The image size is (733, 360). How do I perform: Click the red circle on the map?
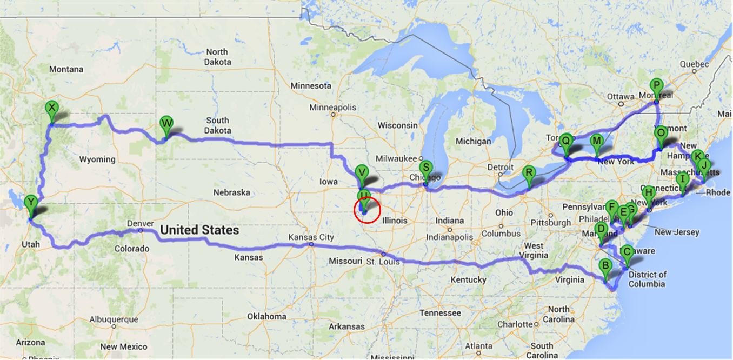coord(368,210)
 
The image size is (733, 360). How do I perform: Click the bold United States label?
coord(199,230)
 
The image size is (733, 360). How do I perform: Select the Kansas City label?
coord(312,237)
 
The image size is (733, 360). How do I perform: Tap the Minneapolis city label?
coord(333,108)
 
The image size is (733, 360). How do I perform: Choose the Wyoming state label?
coord(97,159)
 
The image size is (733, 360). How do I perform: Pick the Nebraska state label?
coord(231,192)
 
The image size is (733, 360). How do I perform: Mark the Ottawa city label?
coord(619,97)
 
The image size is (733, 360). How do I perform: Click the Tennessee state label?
coord(440,313)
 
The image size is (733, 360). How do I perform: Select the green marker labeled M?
coord(596,142)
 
